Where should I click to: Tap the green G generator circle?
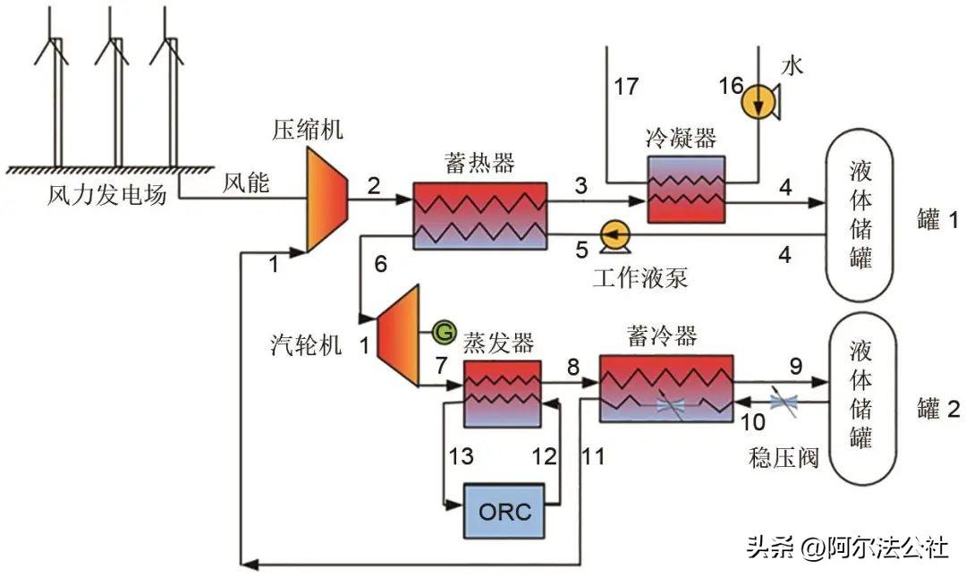pyautogui.click(x=443, y=333)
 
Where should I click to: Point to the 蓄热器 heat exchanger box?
pyautogui.click(x=479, y=216)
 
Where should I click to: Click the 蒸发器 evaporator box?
pyautogui.click(x=502, y=394)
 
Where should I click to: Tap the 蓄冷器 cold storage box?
pyautogui.click(x=666, y=388)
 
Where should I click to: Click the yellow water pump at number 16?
pyautogui.click(x=758, y=102)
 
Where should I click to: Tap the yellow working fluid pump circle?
pyautogui.click(x=614, y=235)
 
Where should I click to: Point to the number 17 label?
pyautogui.click(x=626, y=87)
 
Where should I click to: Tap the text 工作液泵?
pyautogui.click(x=640, y=277)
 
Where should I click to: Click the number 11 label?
pyautogui.click(x=592, y=457)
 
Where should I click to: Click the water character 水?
pyautogui.click(x=792, y=65)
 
